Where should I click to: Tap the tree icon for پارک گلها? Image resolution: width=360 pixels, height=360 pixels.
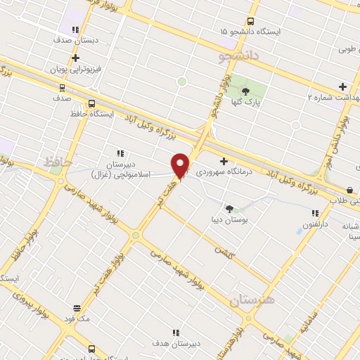(x=245, y=91)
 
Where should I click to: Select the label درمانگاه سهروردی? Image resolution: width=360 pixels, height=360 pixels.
(x=195, y=172)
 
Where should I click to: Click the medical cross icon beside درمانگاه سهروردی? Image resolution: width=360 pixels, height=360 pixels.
(x=224, y=162)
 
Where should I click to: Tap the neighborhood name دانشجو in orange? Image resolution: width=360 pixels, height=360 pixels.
(x=239, y=53)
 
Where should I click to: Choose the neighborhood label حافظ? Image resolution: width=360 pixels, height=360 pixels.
(x=58, y=162)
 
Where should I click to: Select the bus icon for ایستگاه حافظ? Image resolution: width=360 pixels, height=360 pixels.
(x=92, y=103)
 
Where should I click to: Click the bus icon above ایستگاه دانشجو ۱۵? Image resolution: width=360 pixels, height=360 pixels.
(x=251, y=22)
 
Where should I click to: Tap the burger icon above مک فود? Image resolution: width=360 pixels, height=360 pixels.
(x=77, y=308)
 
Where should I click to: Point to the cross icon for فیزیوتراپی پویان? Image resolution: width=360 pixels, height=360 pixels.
(x=75, y=58)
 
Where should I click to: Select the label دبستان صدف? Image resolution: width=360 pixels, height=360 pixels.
(x=75, y=40)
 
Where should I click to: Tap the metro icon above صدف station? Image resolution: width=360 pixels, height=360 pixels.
(x=63, y=88)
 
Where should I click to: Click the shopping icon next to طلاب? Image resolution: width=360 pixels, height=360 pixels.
(x=350, y=190)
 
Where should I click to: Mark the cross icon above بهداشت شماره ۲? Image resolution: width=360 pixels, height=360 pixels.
(x=342, y=86)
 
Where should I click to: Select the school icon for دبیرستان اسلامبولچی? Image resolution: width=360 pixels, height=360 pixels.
(x=120, y=153)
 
